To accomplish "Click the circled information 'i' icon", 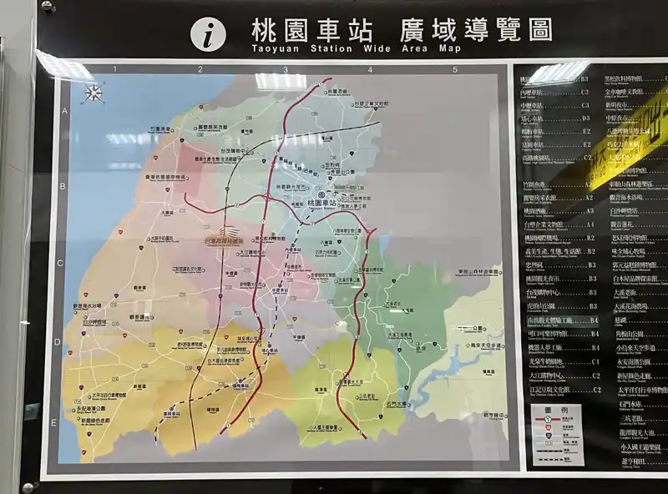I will [208, 33].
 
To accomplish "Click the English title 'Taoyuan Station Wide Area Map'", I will [356, 49].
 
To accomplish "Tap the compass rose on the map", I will [93, 93].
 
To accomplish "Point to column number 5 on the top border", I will [454, 70].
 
